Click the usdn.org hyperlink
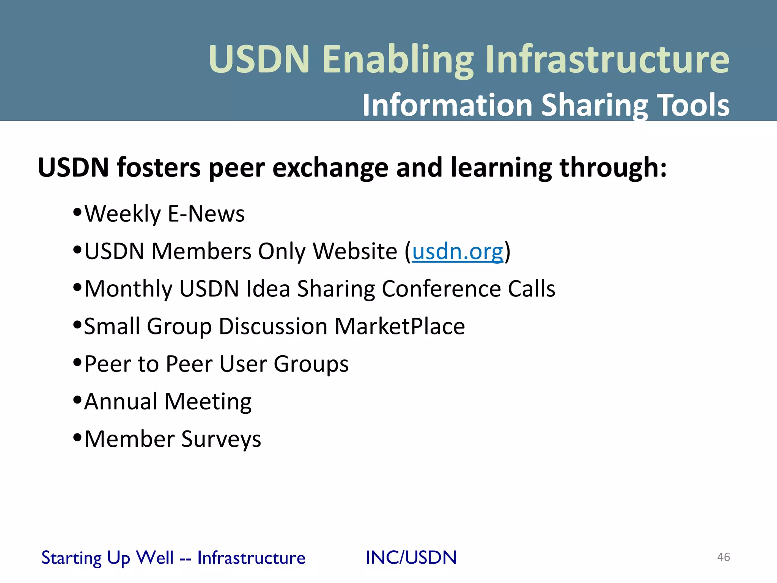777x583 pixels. tap(458, 252)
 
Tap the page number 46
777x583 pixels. tap(723, 557)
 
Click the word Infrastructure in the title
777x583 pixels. tap(607, 59)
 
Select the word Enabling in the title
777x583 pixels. tap(398, 59)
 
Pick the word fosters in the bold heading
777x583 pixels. tap(159, 167)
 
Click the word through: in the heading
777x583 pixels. tap(613, 167)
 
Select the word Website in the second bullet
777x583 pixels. tap(355, 252)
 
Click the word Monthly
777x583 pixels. tap(128, 289)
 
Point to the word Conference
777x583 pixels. tap(441, 289)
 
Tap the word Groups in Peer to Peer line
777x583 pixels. tap(311, 364)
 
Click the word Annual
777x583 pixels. tap(121, 402)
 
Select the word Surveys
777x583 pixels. tap(221, 440)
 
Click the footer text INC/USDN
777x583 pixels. tap(411, 558)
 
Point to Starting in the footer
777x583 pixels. tap(71, 558)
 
